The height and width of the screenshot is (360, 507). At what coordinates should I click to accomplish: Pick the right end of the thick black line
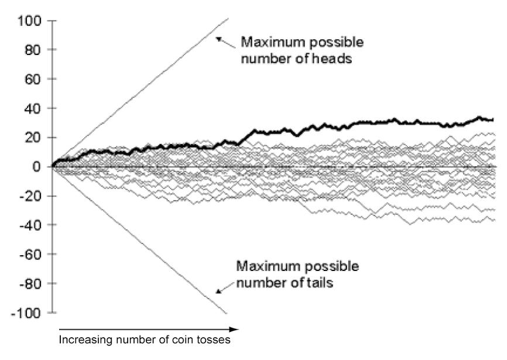pos(494,120)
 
